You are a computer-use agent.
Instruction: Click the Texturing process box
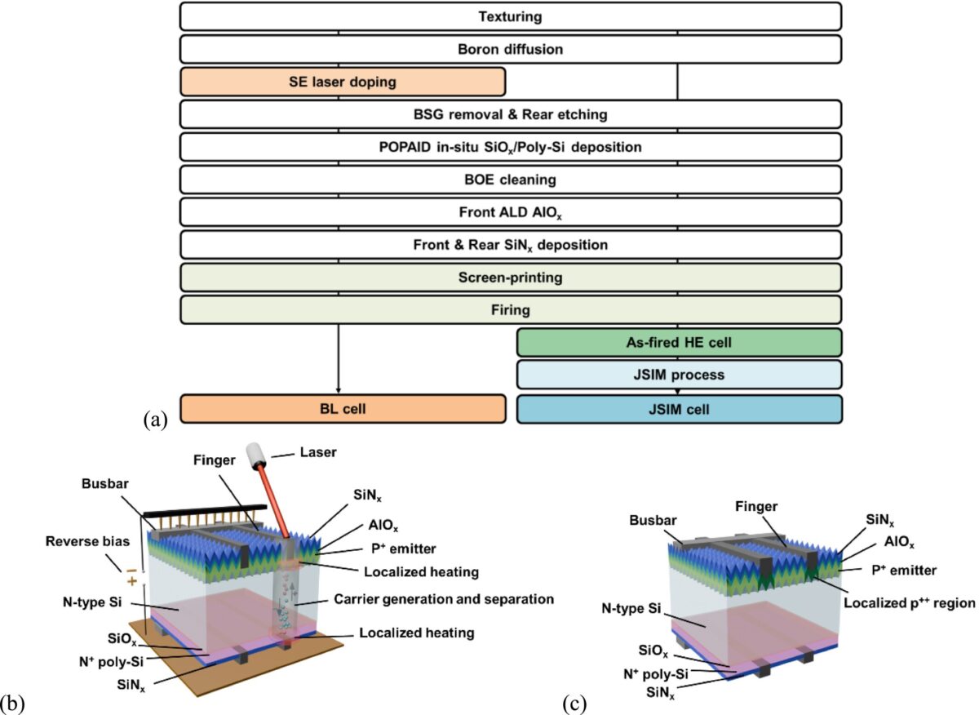pyautogui.click(x=510, y=16)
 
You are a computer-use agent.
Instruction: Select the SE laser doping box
pyautogui.click(x=342, y=82)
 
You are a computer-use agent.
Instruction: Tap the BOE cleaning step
pyautogui.click(x=510, y=179)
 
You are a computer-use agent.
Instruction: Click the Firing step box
pyautogui.click(x=510, y=310)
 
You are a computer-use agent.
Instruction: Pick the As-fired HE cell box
pyautogui.click(x=679, y=343)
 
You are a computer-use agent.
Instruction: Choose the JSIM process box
pyautogui.click(x=679, y=375)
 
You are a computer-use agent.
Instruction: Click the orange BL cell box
pyautogui.click(x=342, y=408)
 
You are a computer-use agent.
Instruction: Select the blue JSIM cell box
pyautogui.click(x=679, y=408)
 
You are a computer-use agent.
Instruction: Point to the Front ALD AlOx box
pyautogui.click(x=510, y=211)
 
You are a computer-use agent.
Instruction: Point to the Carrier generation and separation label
pyautogui.click(x=444, y=599)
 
